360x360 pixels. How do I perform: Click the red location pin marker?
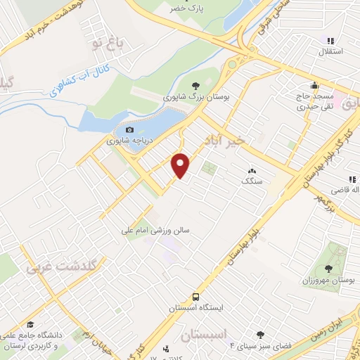pos(181,165)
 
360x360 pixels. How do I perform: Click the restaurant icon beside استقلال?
pos(330,41)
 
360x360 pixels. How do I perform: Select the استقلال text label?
pos(330,52)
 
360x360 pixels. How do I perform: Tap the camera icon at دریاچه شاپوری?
pos(129,129)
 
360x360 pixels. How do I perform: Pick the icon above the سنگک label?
pos(251,171)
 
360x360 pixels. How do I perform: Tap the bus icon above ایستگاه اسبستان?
pos(195,297)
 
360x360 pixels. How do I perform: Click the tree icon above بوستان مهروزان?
pos(328,268)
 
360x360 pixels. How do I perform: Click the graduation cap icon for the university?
pos(31,323)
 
